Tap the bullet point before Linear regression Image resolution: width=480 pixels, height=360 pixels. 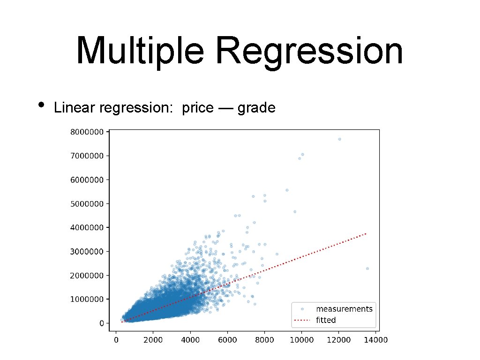point(42,105)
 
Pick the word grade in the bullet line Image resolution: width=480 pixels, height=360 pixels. point(256,108)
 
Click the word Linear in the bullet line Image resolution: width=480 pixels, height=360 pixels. point(74,108)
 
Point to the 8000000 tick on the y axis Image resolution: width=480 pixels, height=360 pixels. point(87,132)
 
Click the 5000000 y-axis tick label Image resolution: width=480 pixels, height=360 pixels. point(87,203)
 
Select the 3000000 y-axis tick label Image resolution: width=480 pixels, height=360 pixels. point(87,251)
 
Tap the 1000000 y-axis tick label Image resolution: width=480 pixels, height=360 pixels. point(87,299)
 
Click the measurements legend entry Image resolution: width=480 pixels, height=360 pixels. point(344,309)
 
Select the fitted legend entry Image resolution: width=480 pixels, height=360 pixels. point(326,320)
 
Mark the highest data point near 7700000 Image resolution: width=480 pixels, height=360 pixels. point(339,139)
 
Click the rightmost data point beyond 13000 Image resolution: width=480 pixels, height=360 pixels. point(367,269)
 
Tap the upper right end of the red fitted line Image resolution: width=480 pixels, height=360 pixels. point(366,233)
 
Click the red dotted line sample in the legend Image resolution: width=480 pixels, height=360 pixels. point(302,321)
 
